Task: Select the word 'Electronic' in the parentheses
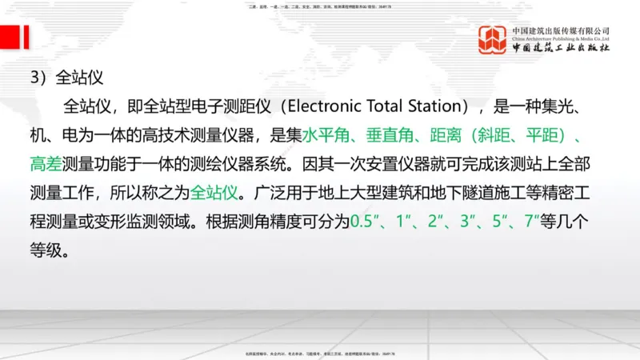pyautogui.click(x=319, y=106)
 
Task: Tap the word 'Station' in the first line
pyautogui.click(x=436, y=106)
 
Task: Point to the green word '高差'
pyautogui.click(x=47, y=164)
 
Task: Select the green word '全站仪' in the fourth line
pyautogui.click(x=217, y=193)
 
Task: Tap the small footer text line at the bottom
pyautogui.click(x=319, y=353)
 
